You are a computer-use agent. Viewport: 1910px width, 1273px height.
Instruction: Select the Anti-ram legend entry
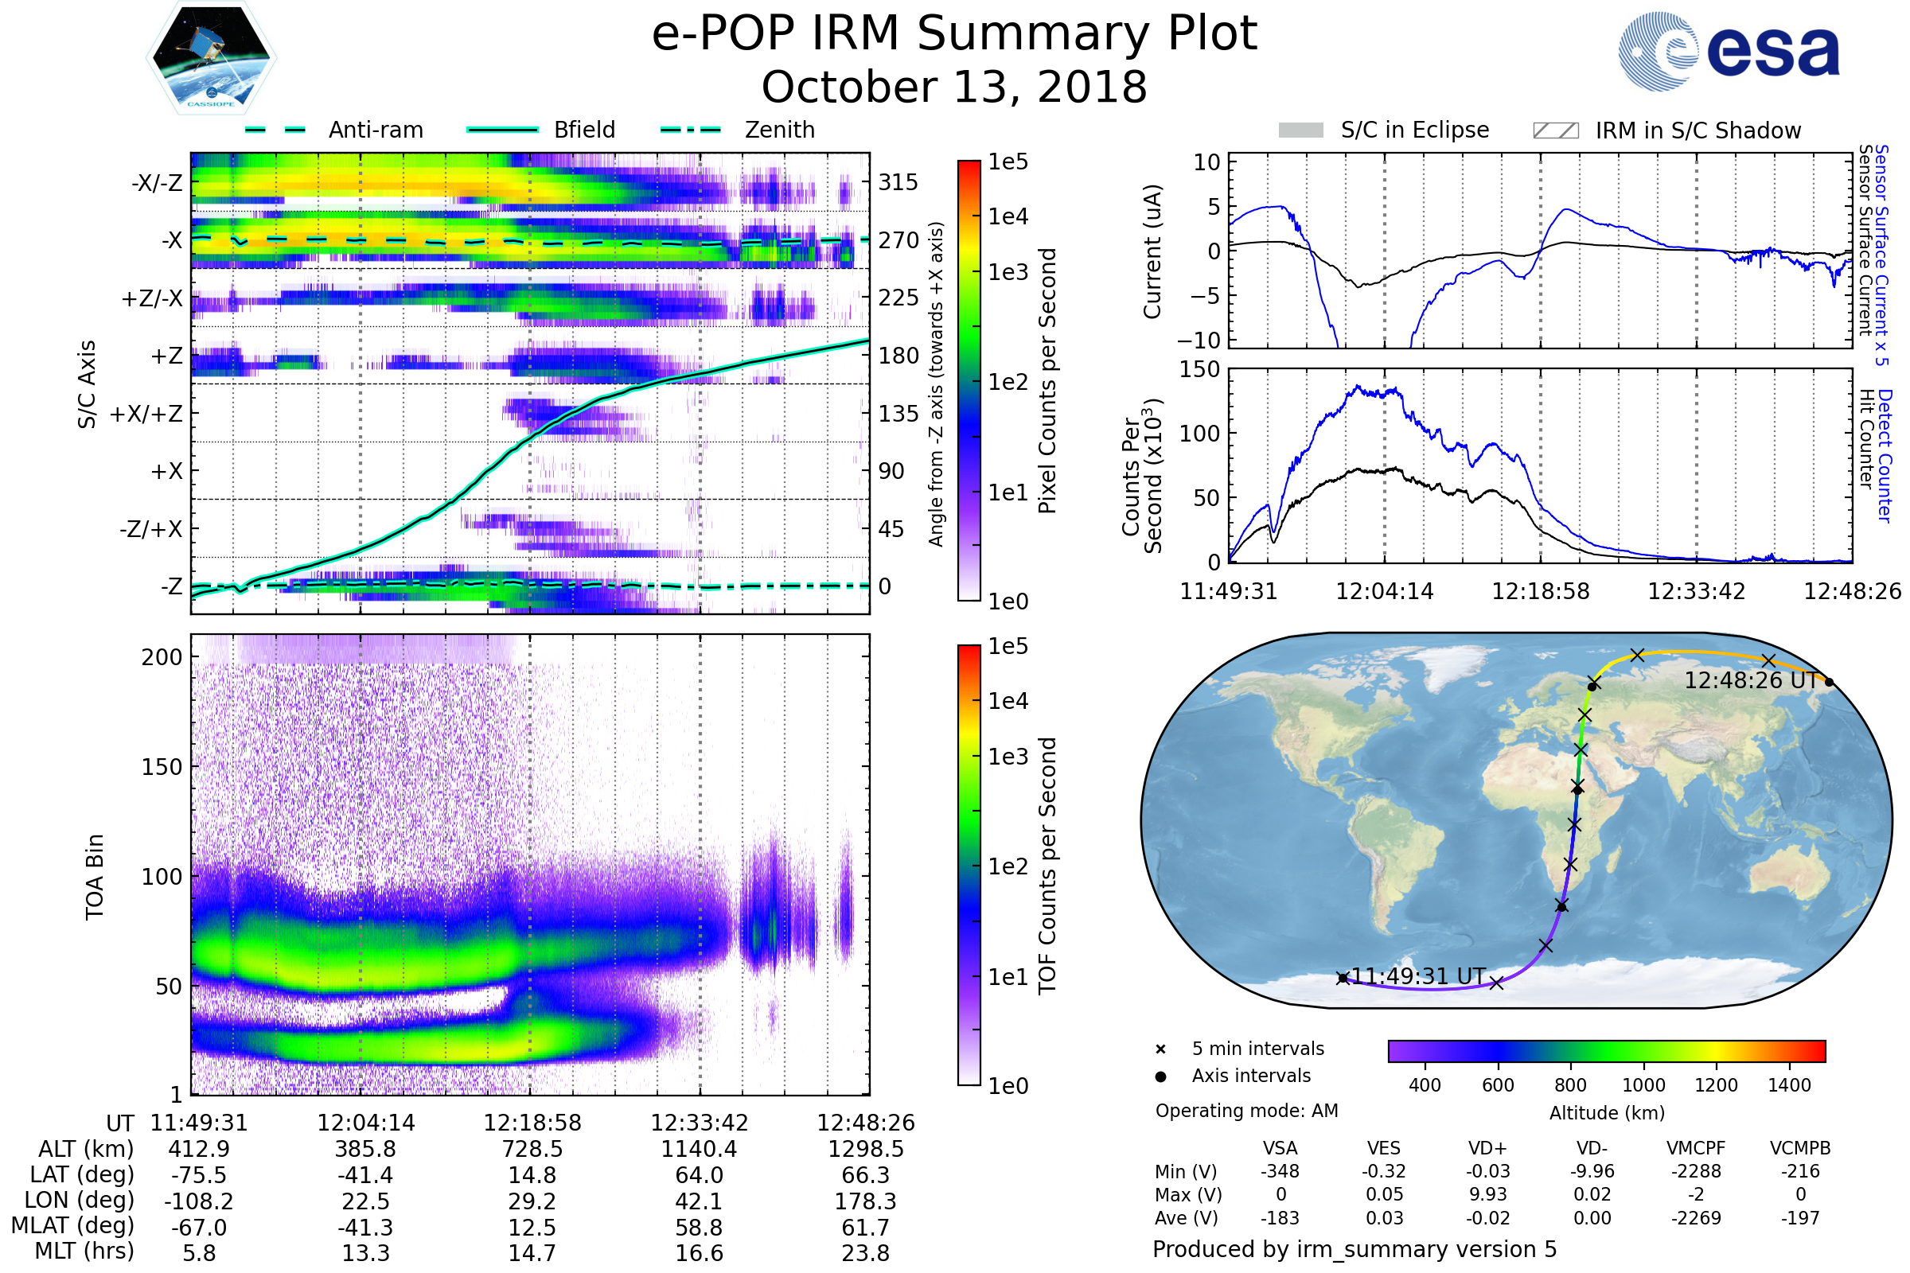(x=375, y=130)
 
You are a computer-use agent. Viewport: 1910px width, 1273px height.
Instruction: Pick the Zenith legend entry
(x=779, y=130)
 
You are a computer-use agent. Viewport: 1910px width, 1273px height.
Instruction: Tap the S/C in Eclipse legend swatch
(x=1300, y=130)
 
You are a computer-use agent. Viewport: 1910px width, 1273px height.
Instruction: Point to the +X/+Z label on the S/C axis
(x=146, y=414)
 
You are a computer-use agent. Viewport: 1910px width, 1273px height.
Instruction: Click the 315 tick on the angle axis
(x=898, y=182)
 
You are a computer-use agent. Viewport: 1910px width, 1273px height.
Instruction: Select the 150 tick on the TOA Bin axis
(x=162, y=766)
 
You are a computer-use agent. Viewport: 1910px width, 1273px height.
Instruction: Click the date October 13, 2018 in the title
(x=954, y=87)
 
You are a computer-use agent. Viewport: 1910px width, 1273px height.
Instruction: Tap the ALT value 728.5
(x=532, y=1149)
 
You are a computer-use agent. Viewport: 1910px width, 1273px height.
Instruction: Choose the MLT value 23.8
(x=865, y=1252)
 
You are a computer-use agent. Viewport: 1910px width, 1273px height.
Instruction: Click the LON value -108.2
(x=198, y=1201)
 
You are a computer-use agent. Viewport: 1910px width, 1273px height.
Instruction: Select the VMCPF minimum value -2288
(x=1696, y=1171)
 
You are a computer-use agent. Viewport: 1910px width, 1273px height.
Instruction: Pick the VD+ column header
(x=1487, y=1148)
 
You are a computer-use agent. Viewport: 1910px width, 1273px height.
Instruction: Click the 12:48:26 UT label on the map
(x=1750, y=680)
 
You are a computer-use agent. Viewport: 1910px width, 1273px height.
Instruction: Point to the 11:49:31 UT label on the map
(x=1418, y=976)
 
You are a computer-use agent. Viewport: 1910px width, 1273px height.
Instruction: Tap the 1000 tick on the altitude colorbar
(x=1643, y=1085)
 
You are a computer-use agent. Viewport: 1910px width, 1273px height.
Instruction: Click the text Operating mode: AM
(x=1246, y=1111)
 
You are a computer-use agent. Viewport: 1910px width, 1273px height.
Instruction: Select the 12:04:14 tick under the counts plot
(x=1385, y=591)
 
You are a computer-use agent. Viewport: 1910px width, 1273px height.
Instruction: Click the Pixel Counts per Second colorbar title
(x=1047, y=380)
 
